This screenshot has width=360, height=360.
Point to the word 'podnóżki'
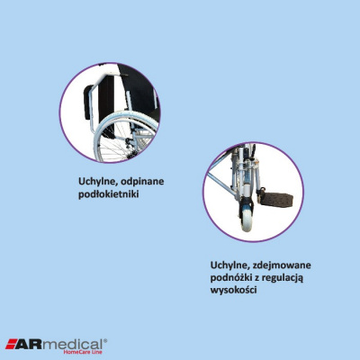click(x=231, y=279)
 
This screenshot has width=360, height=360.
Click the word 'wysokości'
click(x=233, y=292)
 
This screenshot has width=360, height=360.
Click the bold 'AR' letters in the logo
click(x=31, y=342)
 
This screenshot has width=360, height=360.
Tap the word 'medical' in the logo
click(x=73, y=342)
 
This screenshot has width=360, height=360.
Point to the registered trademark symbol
click(x=105, y=338)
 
